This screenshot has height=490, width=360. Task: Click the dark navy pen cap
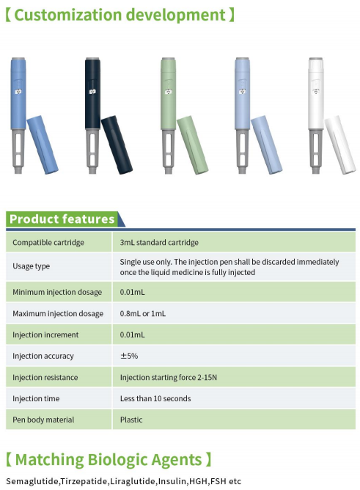[x=117, y=145]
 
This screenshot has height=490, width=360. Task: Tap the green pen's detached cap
[x=193, y=145]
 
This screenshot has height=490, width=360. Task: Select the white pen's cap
[x=340, y=145]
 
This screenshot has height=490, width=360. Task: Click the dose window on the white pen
[x=316, y=92]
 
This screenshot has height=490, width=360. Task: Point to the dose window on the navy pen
[x=92, y=92]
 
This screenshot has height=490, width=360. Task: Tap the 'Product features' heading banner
[x=62, y=219]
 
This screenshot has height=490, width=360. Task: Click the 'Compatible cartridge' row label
[x=48, y=243]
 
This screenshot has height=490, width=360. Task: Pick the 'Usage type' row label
[x=32, y=266]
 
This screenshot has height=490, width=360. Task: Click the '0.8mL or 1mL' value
[x=143, y=313]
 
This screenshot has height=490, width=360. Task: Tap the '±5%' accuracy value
[x=129, y=356]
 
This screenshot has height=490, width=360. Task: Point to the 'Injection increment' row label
[x=45, y=335]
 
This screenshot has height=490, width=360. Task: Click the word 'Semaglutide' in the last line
[x=32, y=481]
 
